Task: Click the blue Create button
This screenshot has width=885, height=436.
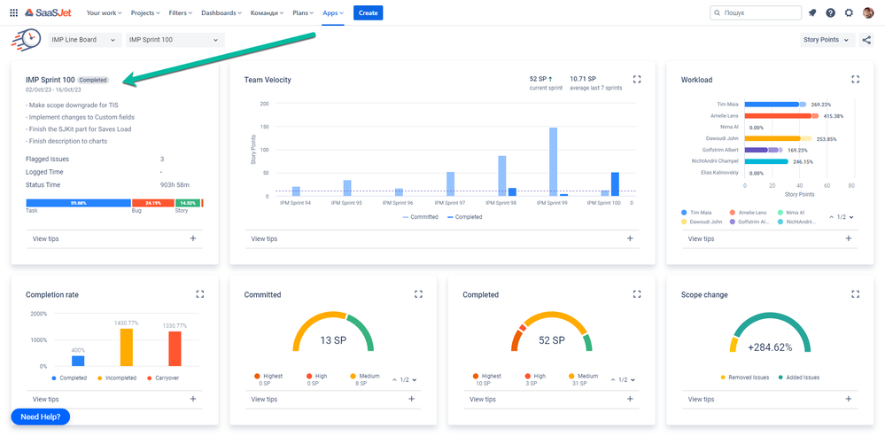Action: [368, 12]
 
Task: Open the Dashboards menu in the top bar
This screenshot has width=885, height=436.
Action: [221, 13]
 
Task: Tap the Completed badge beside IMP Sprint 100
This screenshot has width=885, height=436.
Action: [93, 80]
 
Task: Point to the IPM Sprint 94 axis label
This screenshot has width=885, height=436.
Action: [296, 203]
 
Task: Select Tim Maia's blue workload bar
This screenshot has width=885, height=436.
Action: [772, 104]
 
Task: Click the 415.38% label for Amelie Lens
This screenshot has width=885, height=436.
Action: [833, 116]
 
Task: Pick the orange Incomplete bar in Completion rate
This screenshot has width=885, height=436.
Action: [127, 347]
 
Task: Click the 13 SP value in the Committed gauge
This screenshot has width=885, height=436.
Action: [333, 340]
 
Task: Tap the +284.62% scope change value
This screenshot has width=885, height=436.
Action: [770, 348]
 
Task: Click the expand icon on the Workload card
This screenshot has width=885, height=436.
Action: [855, 79]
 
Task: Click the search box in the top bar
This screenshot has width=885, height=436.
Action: [755, 13]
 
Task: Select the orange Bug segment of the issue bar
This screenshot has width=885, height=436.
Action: [153, 203]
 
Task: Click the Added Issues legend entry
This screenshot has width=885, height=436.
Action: [799, 378]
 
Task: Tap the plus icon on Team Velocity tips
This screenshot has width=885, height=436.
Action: [630, 238]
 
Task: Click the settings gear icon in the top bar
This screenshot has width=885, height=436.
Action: [849, 13]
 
